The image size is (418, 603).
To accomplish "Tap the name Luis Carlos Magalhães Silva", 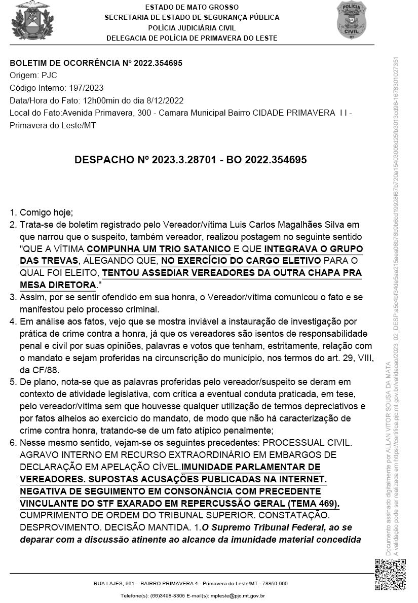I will (x=287, y=225).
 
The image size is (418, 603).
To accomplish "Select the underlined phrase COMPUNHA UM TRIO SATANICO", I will (x=159, y=249).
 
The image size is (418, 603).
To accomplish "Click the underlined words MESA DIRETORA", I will (x=57, y=286).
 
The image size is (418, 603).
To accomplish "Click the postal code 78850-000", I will (x=276, y=584).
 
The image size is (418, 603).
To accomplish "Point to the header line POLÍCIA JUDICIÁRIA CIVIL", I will (x=192, y=28).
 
